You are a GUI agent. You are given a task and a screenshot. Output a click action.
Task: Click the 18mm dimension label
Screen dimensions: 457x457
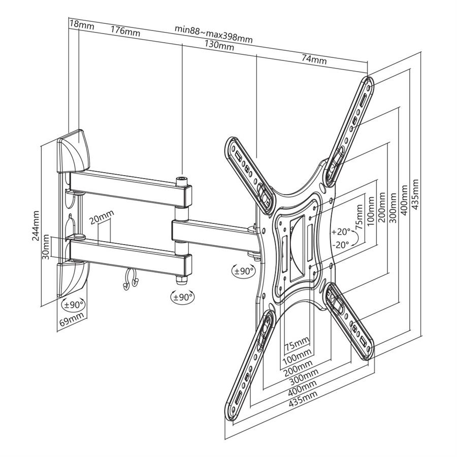(x=82, y=25)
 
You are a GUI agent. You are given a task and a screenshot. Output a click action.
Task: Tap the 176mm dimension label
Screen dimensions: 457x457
(x=125, y=31)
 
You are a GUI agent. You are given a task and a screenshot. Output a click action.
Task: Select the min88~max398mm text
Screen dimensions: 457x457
(x=214, y=34)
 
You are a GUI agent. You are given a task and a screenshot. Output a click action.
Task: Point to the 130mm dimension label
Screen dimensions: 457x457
(x=219, y=45)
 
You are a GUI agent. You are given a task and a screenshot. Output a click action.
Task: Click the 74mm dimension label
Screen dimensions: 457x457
(x=314, y=59)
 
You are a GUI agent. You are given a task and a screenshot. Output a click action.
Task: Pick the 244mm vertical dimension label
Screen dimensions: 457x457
(x=36, y=225)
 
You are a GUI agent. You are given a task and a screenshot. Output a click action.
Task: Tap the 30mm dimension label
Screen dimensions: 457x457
(x=46, y=247)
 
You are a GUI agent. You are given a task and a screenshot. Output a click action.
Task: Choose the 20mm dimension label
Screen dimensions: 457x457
(x=102, y=216)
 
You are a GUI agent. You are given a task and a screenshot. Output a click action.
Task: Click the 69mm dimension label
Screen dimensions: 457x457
(x=72, y=319)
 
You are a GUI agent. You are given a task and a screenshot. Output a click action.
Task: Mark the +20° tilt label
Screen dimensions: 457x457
(x=341, y=232)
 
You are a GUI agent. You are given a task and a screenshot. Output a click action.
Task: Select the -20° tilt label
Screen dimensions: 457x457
(x=340, y=244)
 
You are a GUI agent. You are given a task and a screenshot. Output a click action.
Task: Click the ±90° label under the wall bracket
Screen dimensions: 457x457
(x=74, y=305)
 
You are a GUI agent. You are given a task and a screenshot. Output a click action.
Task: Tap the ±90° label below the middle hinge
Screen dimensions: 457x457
(x=183, y=297)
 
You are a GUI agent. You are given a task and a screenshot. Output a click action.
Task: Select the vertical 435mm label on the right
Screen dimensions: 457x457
(x=415, y=194)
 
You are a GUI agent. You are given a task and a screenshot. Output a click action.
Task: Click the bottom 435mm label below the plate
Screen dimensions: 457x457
(x=303, y=399)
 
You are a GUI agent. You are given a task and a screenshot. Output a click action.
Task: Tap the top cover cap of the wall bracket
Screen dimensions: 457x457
(x=74, y=151)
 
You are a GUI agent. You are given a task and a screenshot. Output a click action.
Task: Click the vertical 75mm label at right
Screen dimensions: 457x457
(x=360, y=216)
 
